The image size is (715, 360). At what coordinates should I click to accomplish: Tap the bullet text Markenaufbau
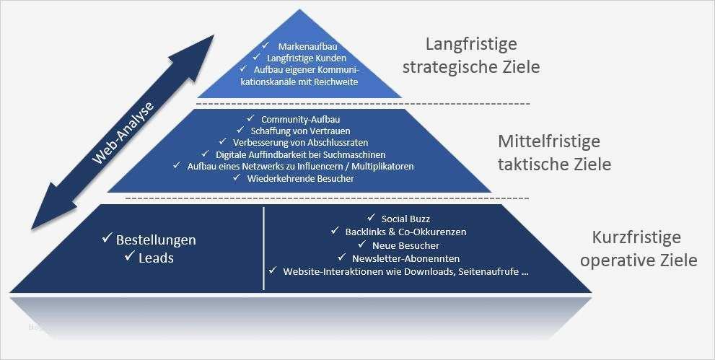click(304, 45)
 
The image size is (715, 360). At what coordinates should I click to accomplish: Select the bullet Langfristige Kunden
click(307, 58)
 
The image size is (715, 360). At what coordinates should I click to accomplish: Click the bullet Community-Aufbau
click(300, 119)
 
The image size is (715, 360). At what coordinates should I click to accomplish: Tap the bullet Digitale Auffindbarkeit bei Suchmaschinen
click(300, 154)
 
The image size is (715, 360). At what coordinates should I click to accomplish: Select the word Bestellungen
click(156, 240)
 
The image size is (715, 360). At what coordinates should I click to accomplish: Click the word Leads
click(156, 258)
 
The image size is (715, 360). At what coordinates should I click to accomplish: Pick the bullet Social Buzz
click(405, 219)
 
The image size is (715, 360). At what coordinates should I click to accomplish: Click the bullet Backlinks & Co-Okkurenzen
click(406, 232)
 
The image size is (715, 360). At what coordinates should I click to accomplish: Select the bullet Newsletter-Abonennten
click(405, 258)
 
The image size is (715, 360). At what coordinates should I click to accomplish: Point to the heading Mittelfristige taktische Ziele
click(554, 152)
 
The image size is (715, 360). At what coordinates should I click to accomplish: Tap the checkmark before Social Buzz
click(372, 218)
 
